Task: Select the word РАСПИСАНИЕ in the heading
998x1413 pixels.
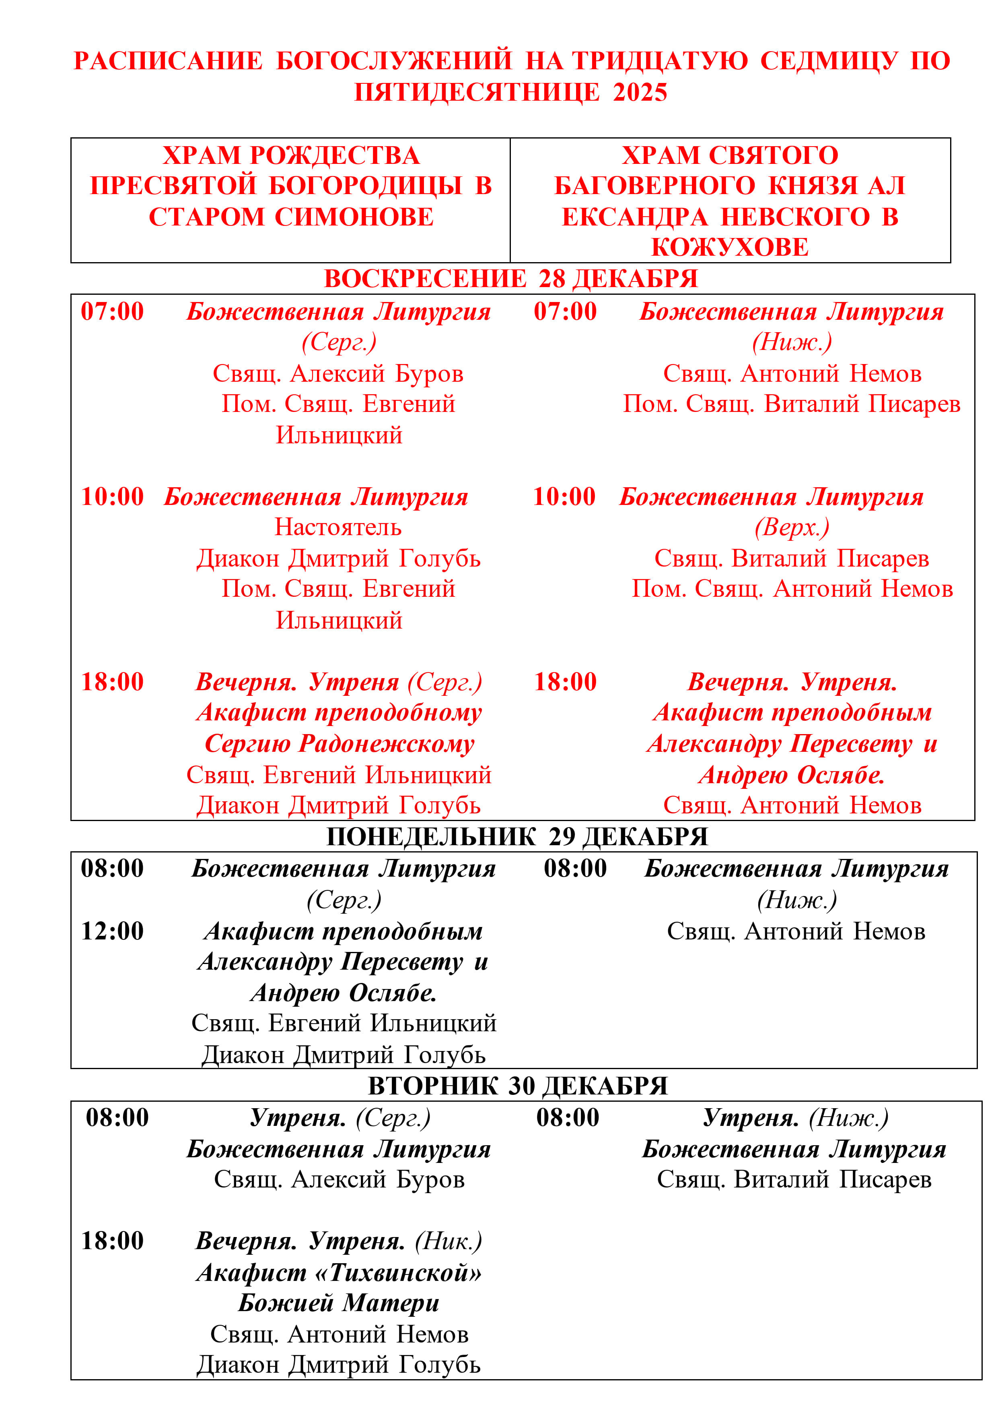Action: coord(168,61)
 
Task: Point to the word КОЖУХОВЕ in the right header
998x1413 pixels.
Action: coord(730,247)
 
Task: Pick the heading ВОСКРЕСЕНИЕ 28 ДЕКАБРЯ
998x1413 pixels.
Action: coord(510,279)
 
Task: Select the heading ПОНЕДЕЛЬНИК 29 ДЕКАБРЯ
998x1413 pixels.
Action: coord(516,837)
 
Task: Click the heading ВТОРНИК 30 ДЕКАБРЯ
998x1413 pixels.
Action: coord(518,1086)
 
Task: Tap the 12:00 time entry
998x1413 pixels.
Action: coord(113,931)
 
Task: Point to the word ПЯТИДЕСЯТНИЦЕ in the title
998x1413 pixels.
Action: coord(477,92)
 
